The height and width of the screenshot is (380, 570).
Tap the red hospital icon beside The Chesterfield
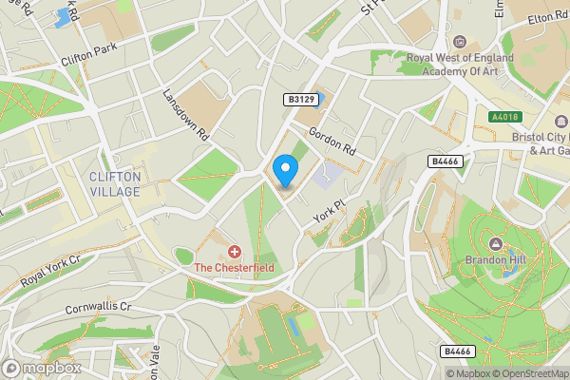click(235, 252)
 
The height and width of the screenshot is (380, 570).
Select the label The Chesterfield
click(235, 268)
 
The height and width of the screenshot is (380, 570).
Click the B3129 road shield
click(299, 99)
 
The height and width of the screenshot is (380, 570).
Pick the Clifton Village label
click(114, 183)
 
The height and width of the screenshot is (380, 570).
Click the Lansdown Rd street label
click(185, 115)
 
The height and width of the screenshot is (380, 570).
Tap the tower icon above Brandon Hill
click(493, 241)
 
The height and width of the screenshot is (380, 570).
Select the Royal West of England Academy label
click(460, 64)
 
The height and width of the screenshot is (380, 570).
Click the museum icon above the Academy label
click(460, 42)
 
